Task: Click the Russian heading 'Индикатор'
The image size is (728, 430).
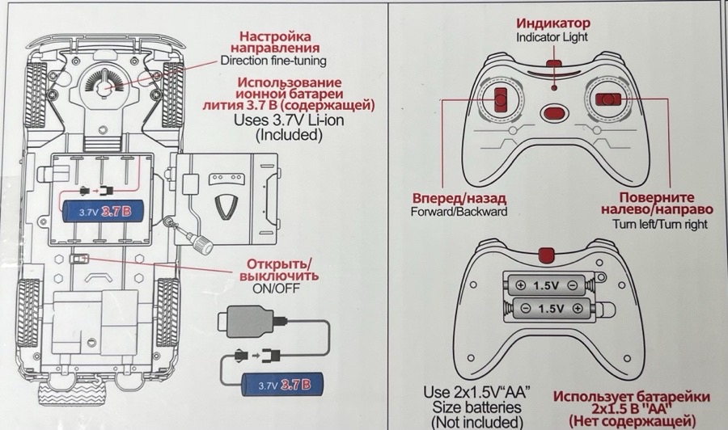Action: [x=554, y=23]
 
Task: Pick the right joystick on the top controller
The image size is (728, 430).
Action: [x=607, y=99]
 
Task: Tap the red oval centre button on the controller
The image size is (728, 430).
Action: [x=554, y=114]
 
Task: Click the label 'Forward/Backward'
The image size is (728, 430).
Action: [x=459, y=212]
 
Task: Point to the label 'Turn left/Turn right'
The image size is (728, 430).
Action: [x=660, y=224]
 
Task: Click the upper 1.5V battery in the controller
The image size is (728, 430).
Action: [x=545, y=285]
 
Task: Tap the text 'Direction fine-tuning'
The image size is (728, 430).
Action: [x=273, y=61]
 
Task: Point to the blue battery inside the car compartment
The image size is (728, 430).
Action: [x=104, y=213]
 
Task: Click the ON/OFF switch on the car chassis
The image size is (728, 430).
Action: [x=78, y=260]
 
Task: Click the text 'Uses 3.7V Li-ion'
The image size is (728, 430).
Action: [x=289, y=120]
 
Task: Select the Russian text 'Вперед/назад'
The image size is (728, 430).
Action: [x=447, y=198]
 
